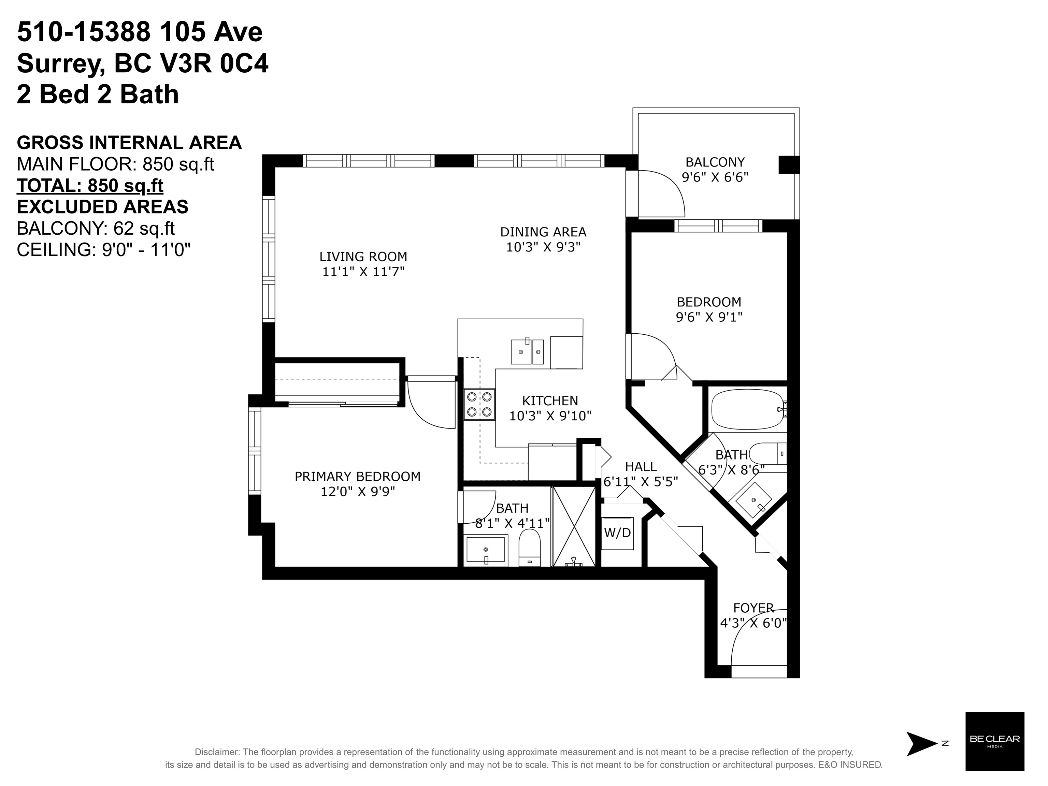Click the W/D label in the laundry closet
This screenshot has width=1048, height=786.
tap(617, 533)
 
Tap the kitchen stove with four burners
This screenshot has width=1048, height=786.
tap(479, 404)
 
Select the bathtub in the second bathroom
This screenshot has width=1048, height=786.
tap(748, 409)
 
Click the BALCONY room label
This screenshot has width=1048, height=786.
tap(715, 162)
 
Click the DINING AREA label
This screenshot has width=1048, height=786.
tap(543, 232)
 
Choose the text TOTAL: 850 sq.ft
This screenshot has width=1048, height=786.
tap(90, 186)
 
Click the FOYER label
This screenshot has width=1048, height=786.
tap(753, 608)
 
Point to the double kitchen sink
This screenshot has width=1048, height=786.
tap(527, 351)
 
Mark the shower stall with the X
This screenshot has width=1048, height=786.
tap(574, 526)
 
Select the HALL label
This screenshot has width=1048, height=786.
tap(641, 467)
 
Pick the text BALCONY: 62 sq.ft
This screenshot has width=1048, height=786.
tap(96, 229)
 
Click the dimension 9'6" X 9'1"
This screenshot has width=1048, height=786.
tap(709, 317)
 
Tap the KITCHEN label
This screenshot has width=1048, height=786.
tap(550, 401)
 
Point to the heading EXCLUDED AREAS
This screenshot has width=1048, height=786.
tap(102, 207)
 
